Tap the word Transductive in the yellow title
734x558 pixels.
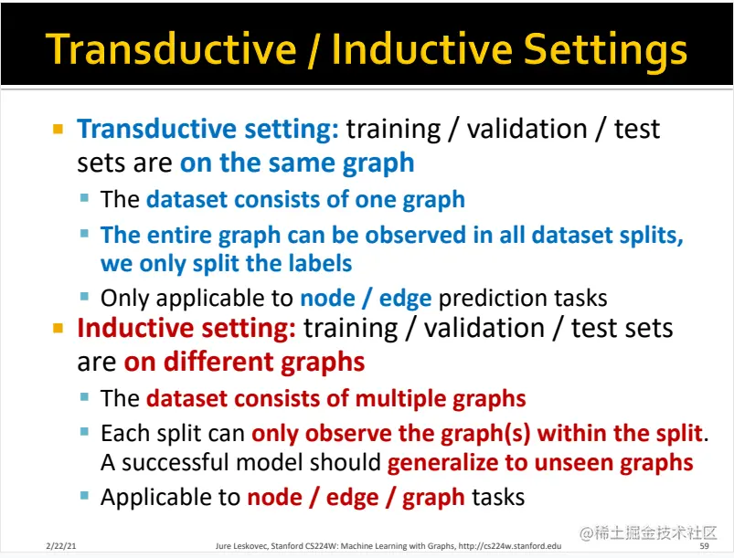click(x=171, y=48)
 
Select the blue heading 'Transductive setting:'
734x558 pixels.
click(x=207, y=129)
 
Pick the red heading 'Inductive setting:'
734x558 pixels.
click(x=186, y=328)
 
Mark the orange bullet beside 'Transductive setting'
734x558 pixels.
click(x=59, y=129)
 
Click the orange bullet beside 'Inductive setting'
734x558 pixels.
click(x=59, y=329)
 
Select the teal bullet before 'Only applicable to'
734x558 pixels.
click(x=84, y=297)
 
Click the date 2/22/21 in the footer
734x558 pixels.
click(x=61, y=546)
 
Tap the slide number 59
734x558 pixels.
click(x=704, y=546)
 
